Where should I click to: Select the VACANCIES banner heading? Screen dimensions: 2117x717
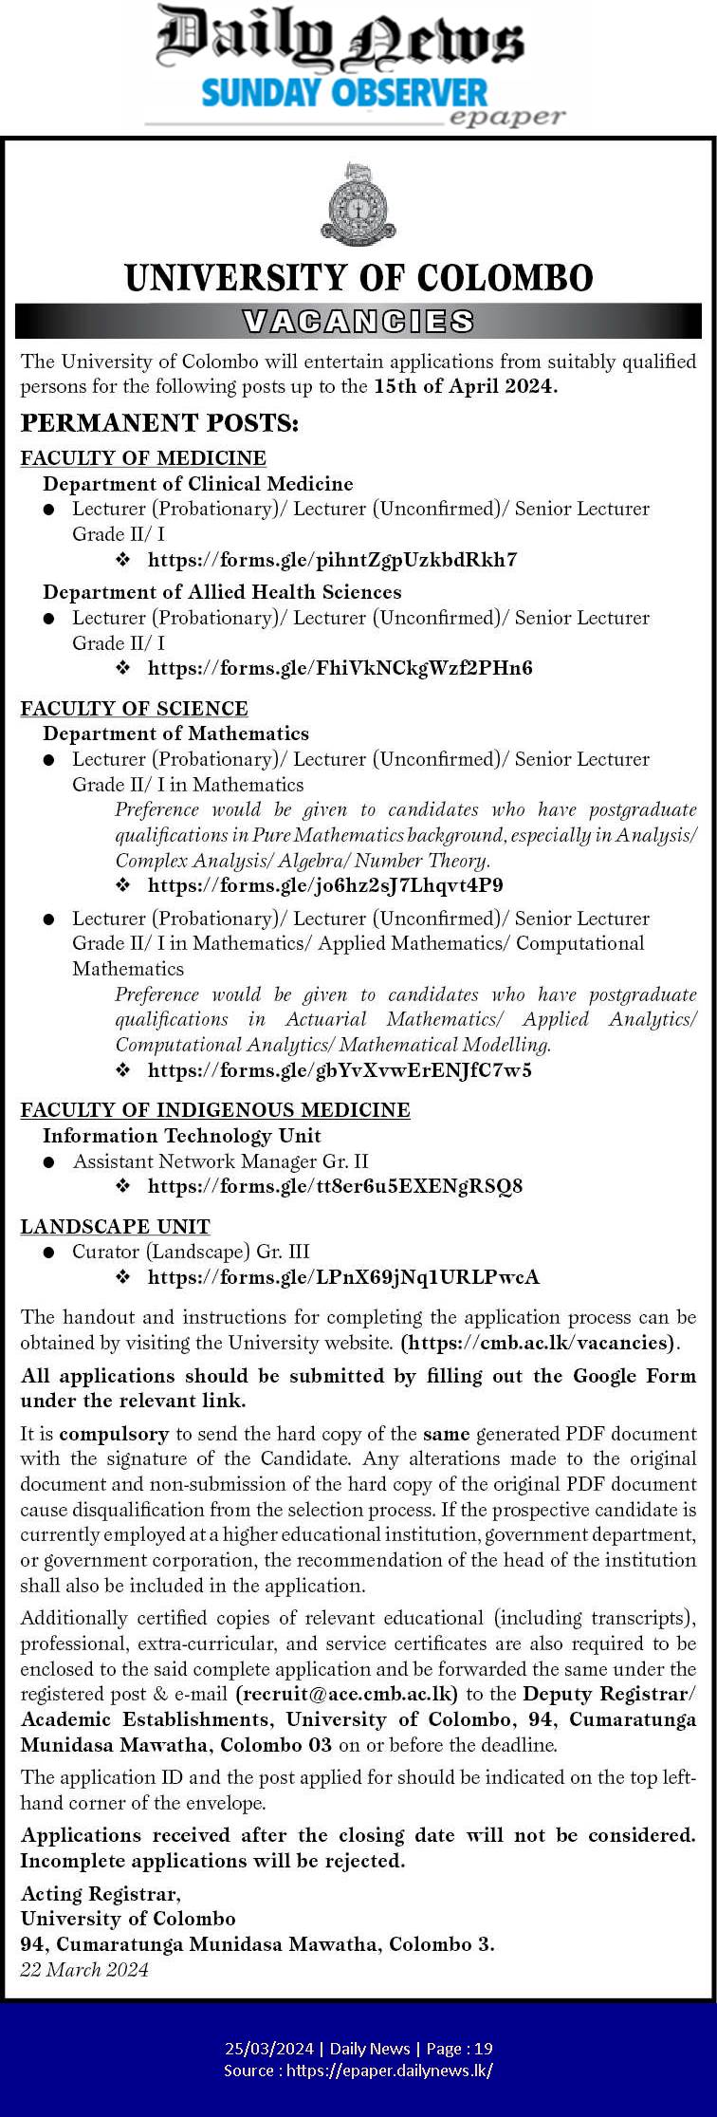(x=358, y=322)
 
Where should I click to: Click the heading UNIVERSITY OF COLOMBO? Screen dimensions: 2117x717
(x=358, y=278)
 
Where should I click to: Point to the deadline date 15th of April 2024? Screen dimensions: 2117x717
(x=465, y=386)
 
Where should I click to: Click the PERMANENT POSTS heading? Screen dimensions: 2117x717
(x=159, y=423)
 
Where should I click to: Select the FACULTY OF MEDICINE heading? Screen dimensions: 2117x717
(x=143, y=458)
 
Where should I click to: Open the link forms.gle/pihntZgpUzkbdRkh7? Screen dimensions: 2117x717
(x=332, y=560)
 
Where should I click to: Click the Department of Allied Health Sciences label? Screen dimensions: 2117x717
(x=222, y=592)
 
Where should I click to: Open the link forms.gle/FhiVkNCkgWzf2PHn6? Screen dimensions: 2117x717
(x=340, y=668)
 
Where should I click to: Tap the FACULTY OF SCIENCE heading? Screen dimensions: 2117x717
(x=134, y=709)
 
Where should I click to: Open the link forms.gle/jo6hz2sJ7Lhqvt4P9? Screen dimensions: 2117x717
(x=325, y=885)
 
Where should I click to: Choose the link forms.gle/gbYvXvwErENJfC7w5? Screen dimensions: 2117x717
(x=340, y=1070)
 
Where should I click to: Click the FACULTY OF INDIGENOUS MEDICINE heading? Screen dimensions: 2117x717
(x=215, y=1110)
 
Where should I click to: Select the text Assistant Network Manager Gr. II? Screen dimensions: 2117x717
(x=221, y=1161)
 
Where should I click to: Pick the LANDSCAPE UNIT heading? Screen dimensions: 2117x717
(x=115, y=1227)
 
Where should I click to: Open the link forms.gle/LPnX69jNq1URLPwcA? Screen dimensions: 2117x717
(x=343, y=1277)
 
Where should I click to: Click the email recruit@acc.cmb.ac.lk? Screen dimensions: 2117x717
(x=347, y=1694)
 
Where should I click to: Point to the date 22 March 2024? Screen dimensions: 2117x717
(x=84, y=1969)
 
